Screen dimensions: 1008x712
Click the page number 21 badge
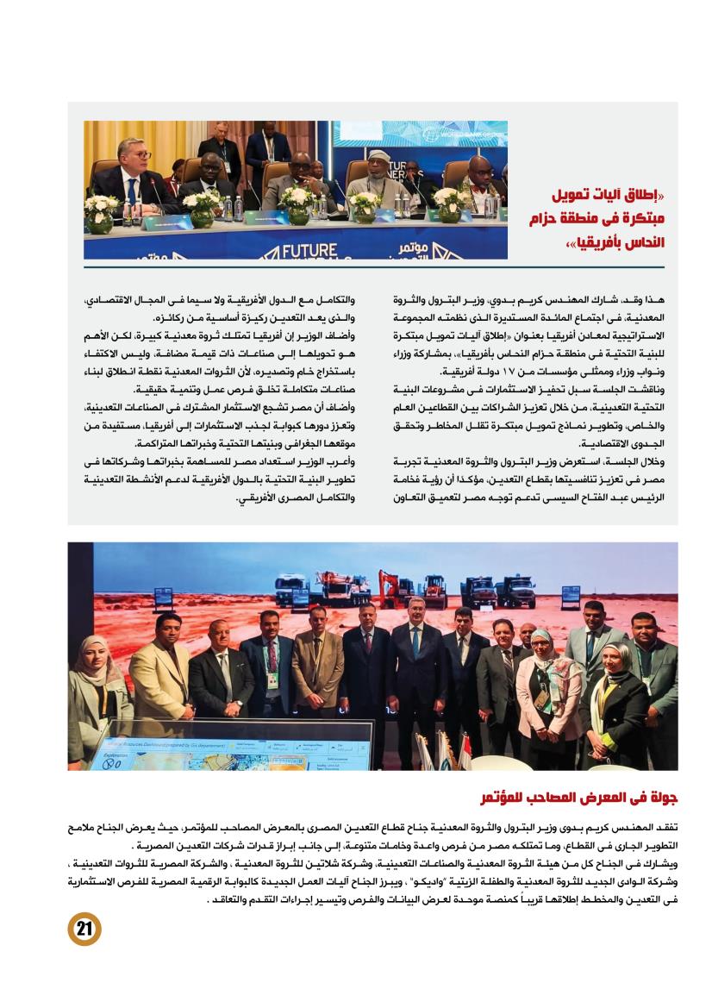(84, 929)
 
